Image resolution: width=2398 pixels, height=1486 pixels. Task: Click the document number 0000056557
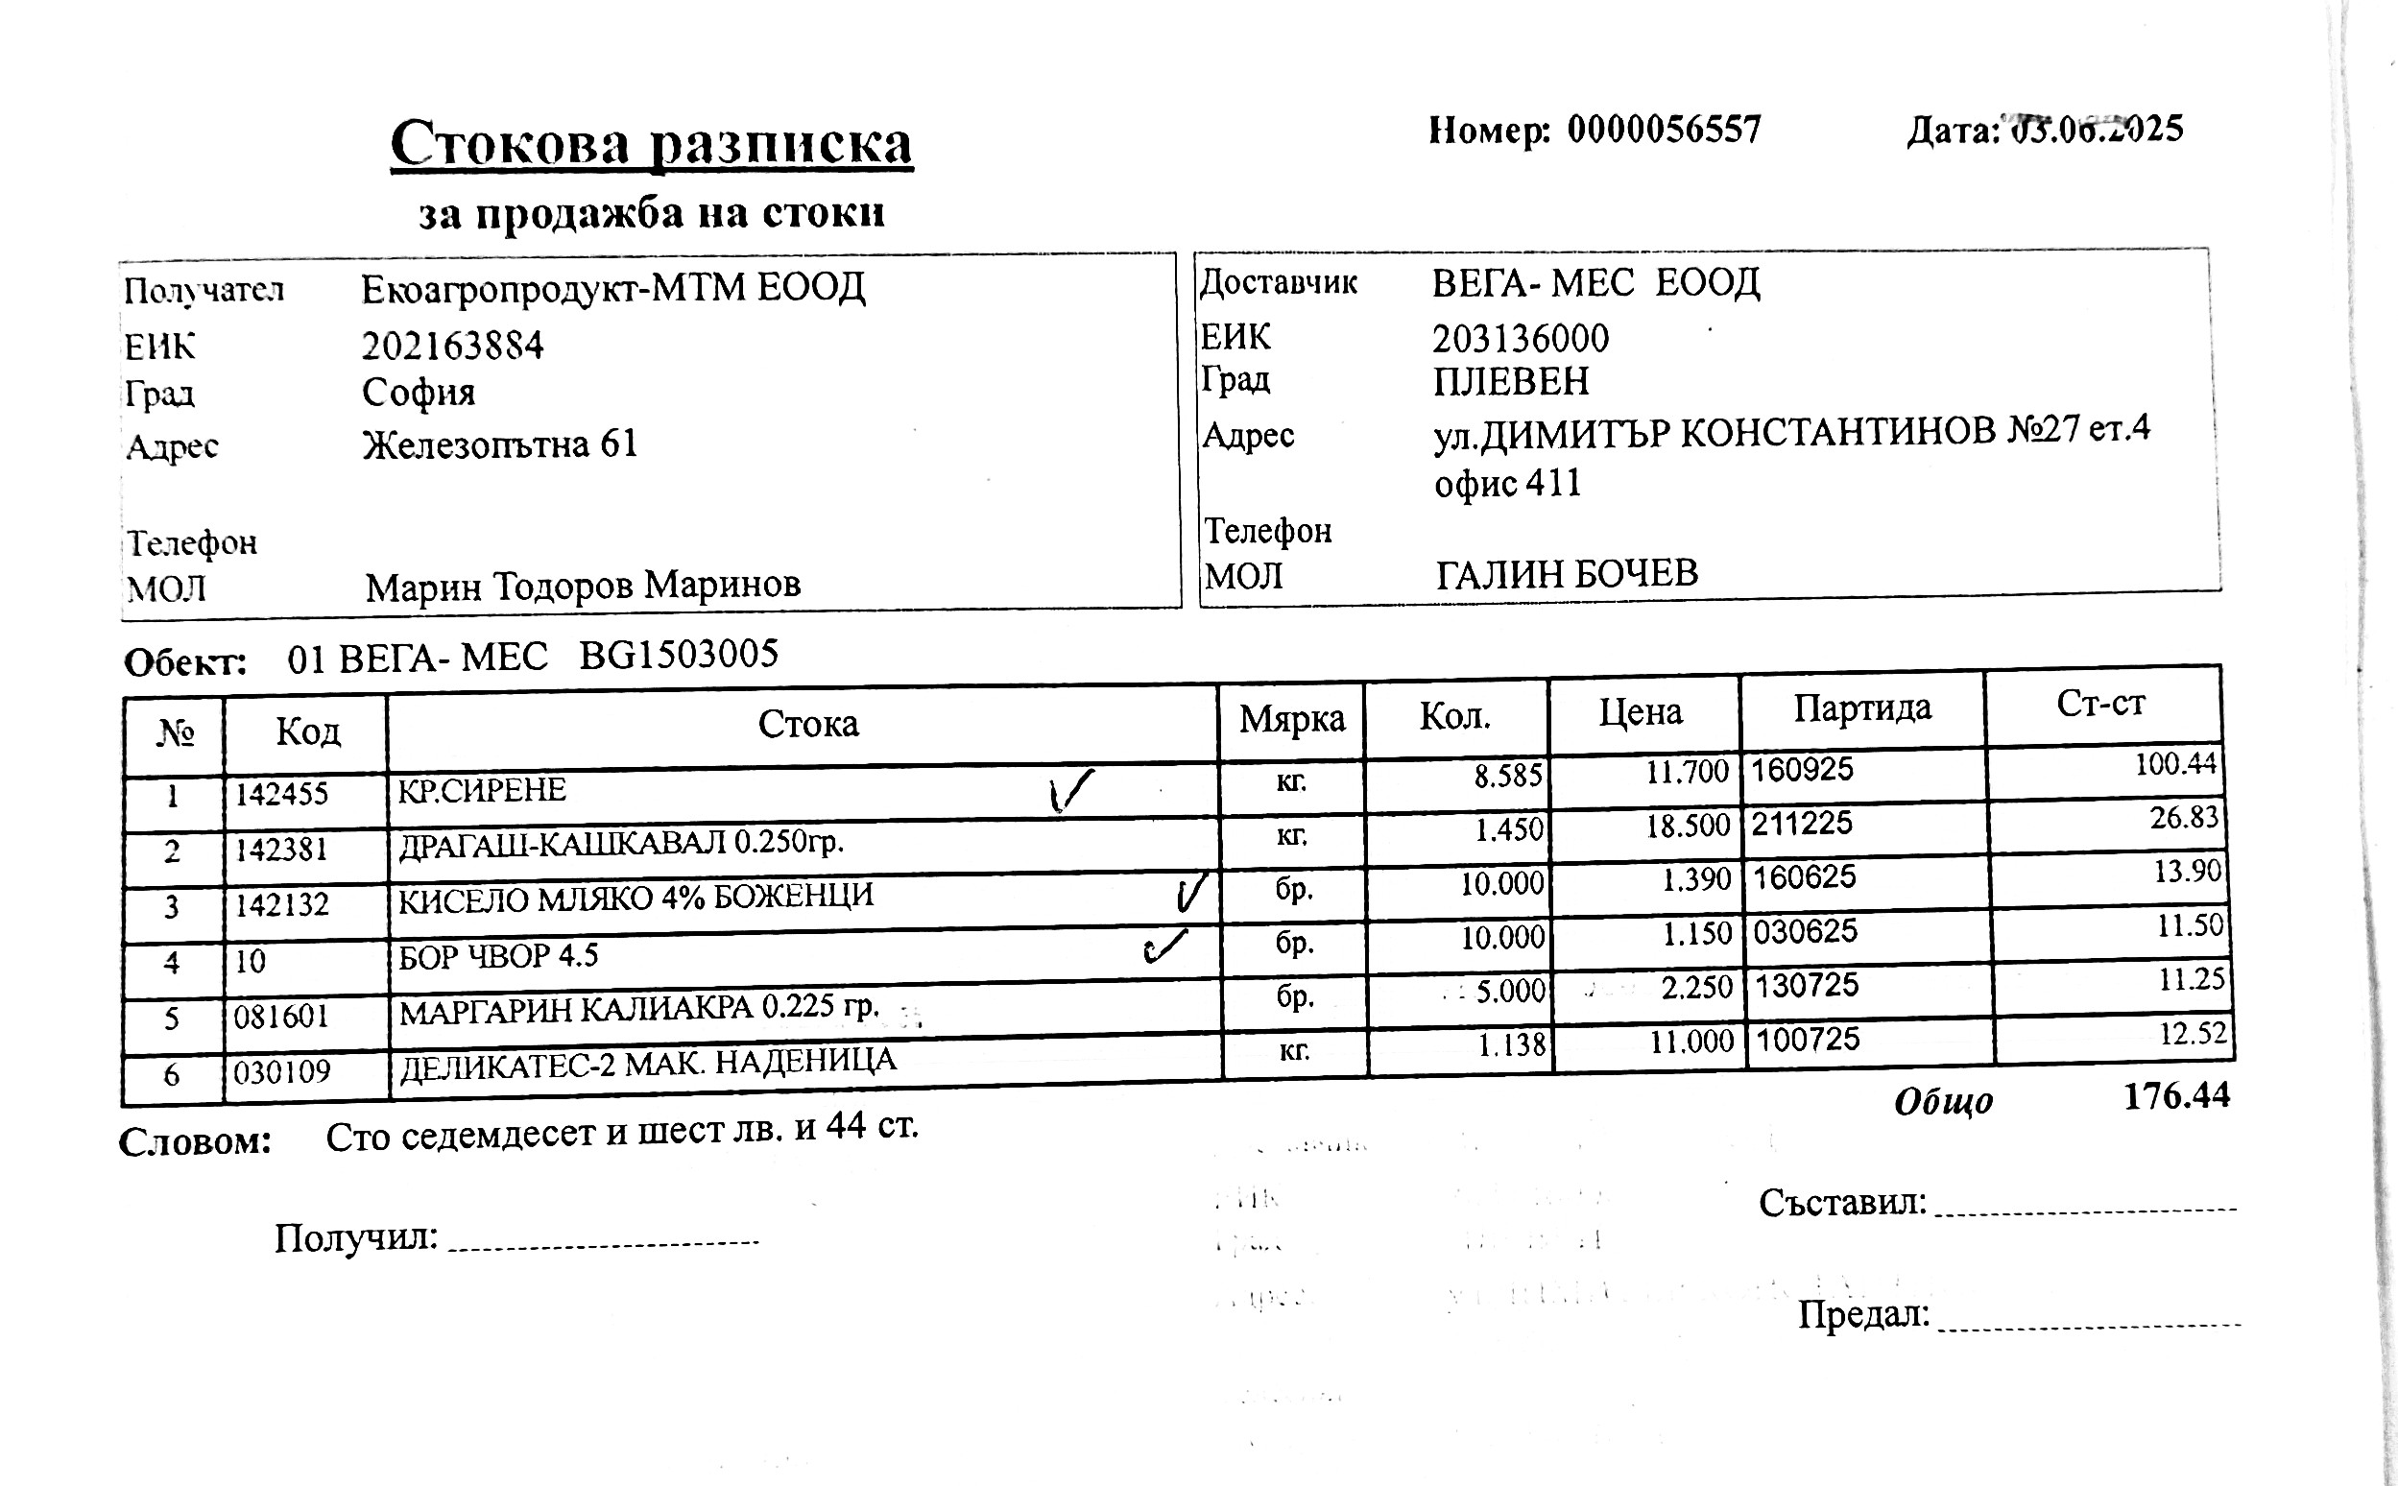tap(1663, 130)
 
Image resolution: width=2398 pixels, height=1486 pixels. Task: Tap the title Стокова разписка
tap(651, 144)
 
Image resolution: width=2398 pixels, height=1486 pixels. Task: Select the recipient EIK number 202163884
tap(452, 346)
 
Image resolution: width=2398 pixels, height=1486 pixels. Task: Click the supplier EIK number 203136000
tap(1520, 339)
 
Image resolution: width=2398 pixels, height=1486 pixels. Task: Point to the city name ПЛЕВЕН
tap(1510, 381)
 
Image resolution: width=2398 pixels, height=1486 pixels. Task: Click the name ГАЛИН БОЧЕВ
tap(1567, 573)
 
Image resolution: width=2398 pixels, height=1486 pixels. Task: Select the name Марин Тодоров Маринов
tap(583, 586)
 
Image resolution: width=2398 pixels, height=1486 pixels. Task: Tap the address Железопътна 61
tap(500, 444)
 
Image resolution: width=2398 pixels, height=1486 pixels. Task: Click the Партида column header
tap(1861, 707)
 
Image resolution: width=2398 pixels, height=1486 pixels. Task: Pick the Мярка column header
tap(1291, 718)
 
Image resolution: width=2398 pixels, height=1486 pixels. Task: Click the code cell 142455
tap(281, 793)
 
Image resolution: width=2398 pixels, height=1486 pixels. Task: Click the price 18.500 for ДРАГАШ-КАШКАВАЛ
tap(1688, 826)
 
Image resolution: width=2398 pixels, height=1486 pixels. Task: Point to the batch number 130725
tap(1807, 985)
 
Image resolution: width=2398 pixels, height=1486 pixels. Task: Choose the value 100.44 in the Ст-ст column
tap(2175, 764)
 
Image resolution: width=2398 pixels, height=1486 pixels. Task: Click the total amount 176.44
tap(2176, 1096)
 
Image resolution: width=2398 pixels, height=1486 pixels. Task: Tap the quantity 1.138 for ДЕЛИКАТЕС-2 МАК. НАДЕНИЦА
tap(1512, 1043)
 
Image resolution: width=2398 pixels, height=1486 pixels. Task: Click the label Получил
tap(355, 1237)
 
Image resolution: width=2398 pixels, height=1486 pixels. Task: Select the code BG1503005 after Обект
tap(678, 655)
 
